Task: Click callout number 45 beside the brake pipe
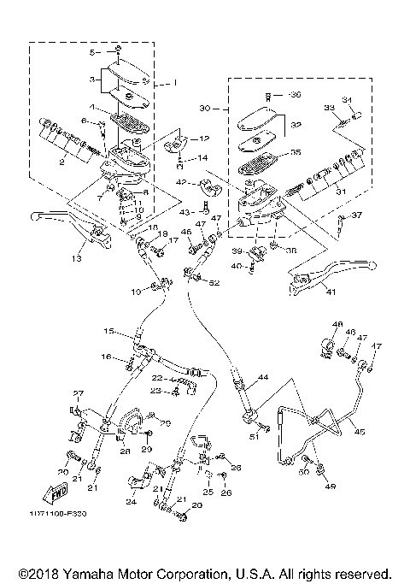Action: [x=360, y=433]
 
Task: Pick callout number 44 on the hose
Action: [x=262, y=376]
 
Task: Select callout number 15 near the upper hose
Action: [x=109, y=330]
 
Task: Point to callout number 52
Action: [x=214, y=283]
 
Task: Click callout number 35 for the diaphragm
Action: [x=296, y=154]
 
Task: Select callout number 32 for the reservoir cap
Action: [x=296, y=125]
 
